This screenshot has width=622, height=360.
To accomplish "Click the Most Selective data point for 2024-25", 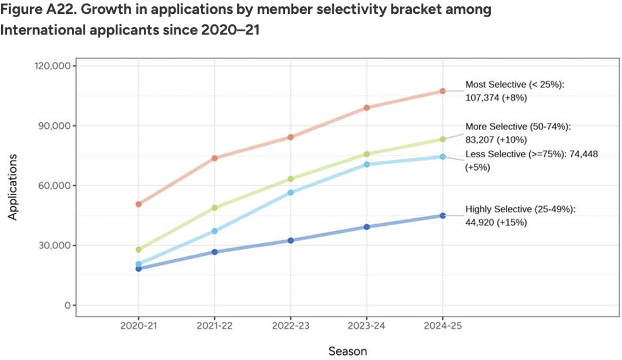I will [442, 91].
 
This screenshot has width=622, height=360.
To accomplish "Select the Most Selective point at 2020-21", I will [139, 204].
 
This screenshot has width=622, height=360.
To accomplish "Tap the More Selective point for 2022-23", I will [291, 179].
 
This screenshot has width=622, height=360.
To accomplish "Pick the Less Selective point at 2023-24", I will [367, 164].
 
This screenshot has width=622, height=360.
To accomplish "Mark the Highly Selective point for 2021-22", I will [215, 252].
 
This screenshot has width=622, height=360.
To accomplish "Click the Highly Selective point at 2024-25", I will [442, 215].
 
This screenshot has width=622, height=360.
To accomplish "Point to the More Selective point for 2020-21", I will [139, 249].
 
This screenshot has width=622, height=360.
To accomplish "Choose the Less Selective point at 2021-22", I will [215, 231].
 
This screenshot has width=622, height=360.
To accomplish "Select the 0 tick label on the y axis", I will [67, 305].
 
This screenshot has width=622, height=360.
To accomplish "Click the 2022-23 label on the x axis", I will [291, 326].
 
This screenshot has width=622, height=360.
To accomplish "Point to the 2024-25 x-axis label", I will [442, 326].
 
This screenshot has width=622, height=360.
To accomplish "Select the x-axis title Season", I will [347, 350].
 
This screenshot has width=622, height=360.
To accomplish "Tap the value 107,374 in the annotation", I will [483, 97].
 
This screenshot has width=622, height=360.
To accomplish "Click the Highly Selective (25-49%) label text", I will [520, 209].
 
